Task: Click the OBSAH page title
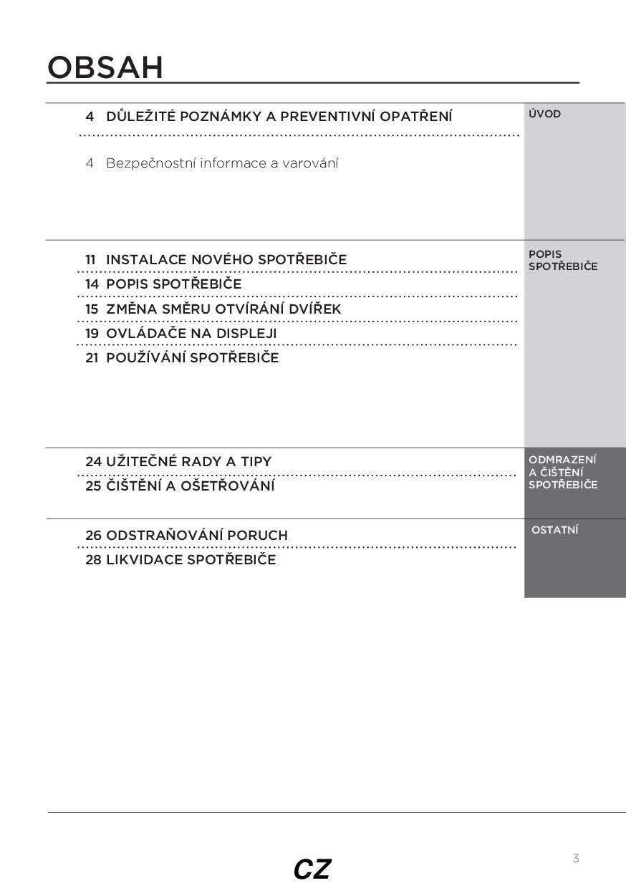tap(105, 67)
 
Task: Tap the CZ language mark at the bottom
tap(312, 869)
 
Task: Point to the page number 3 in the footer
tap(576, 858)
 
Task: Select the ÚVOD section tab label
tap(544, 114)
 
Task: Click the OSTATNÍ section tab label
tap(555, 530)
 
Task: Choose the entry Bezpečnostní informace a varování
tap(222, 163)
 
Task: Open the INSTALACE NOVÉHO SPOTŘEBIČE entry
tap(226, 259)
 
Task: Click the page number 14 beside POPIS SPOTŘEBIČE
tap(92, 284)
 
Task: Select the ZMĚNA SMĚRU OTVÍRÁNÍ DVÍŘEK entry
tap(223, 309)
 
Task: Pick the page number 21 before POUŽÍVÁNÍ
tap(92, 358)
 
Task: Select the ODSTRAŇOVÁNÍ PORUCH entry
tap(197, 536)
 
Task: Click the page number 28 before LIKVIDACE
tap(93, 560)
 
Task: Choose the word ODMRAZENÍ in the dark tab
tap(562, 460)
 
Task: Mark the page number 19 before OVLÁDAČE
tap(92, 334)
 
